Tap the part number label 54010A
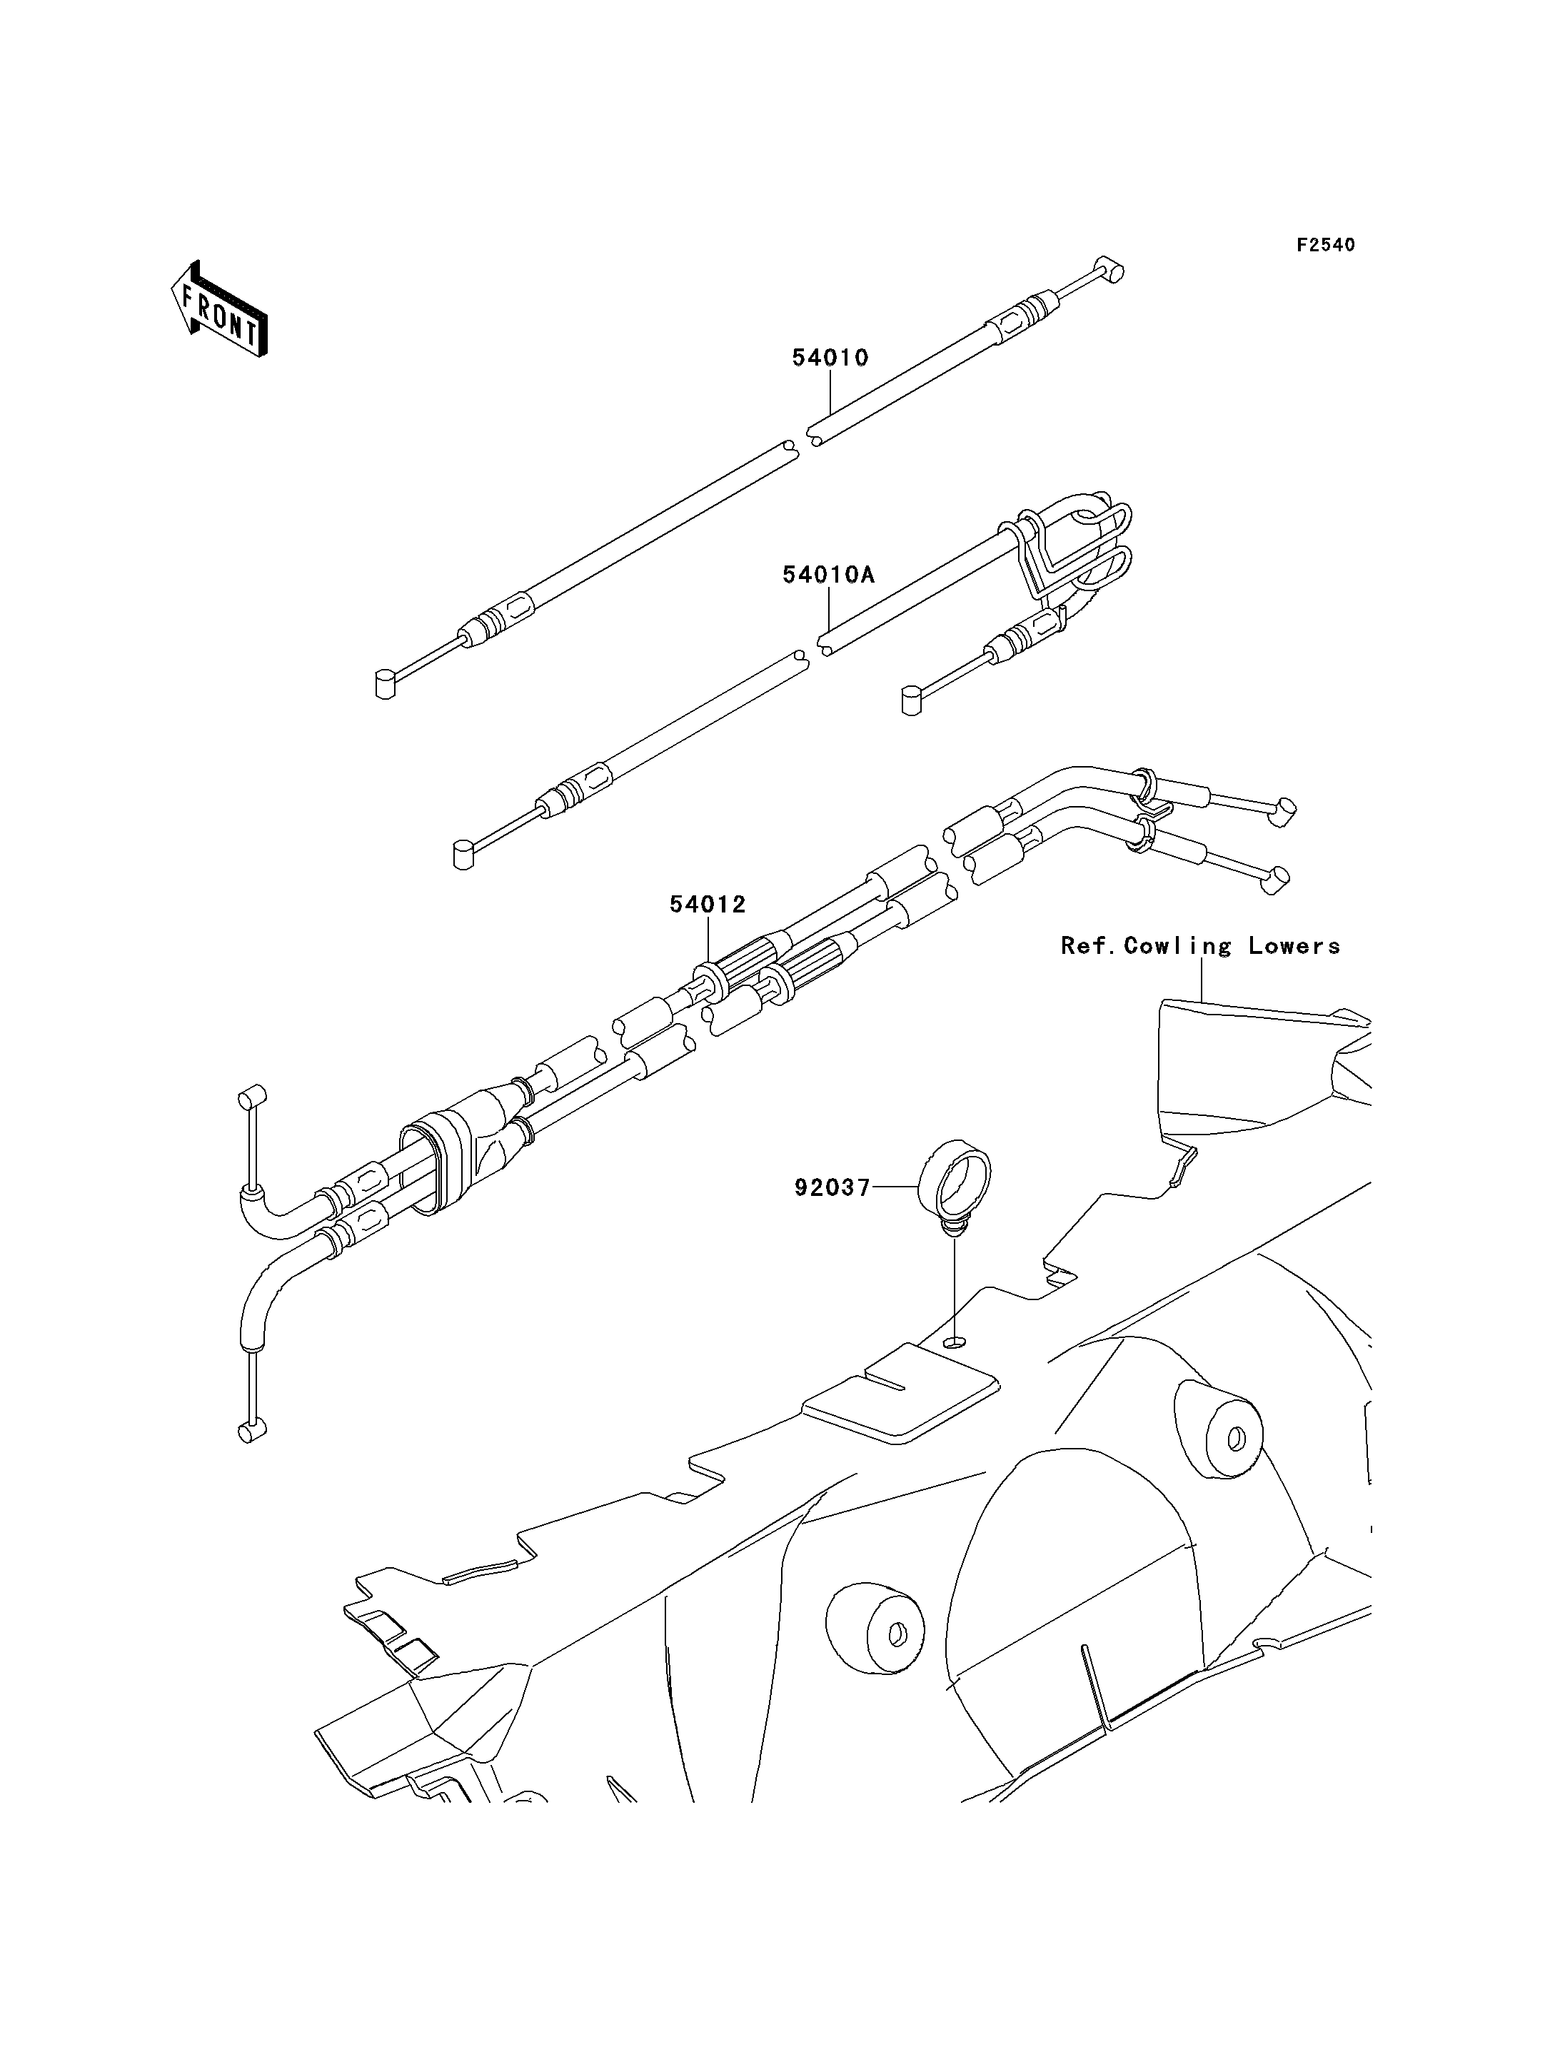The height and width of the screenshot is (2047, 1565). (x=828, y=575)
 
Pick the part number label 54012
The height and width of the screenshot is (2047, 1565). (x=707, y=904)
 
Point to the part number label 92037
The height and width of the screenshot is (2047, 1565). (x=832, y=1187)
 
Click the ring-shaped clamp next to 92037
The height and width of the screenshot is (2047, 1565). (x=955, y=1188)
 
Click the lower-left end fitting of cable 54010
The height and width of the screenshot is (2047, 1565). (x=386, y=684)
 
